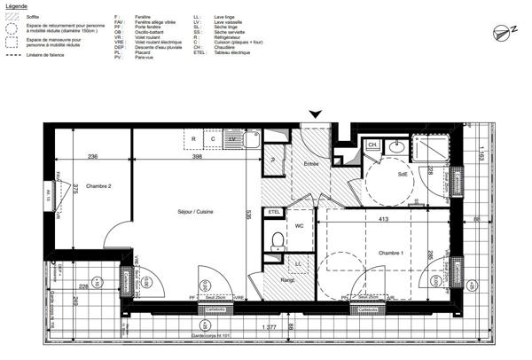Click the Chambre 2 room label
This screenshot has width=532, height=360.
click(98, 186)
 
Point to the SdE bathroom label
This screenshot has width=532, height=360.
click(404, 175)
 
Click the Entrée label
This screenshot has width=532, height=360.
click(311, 164)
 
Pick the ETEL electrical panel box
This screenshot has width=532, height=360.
click(274, 212)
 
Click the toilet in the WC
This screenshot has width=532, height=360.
click(277, 238)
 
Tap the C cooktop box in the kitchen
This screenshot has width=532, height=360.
click(213, 139)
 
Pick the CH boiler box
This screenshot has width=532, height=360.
click(373, 145)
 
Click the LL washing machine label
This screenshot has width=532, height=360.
click(298, 264)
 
